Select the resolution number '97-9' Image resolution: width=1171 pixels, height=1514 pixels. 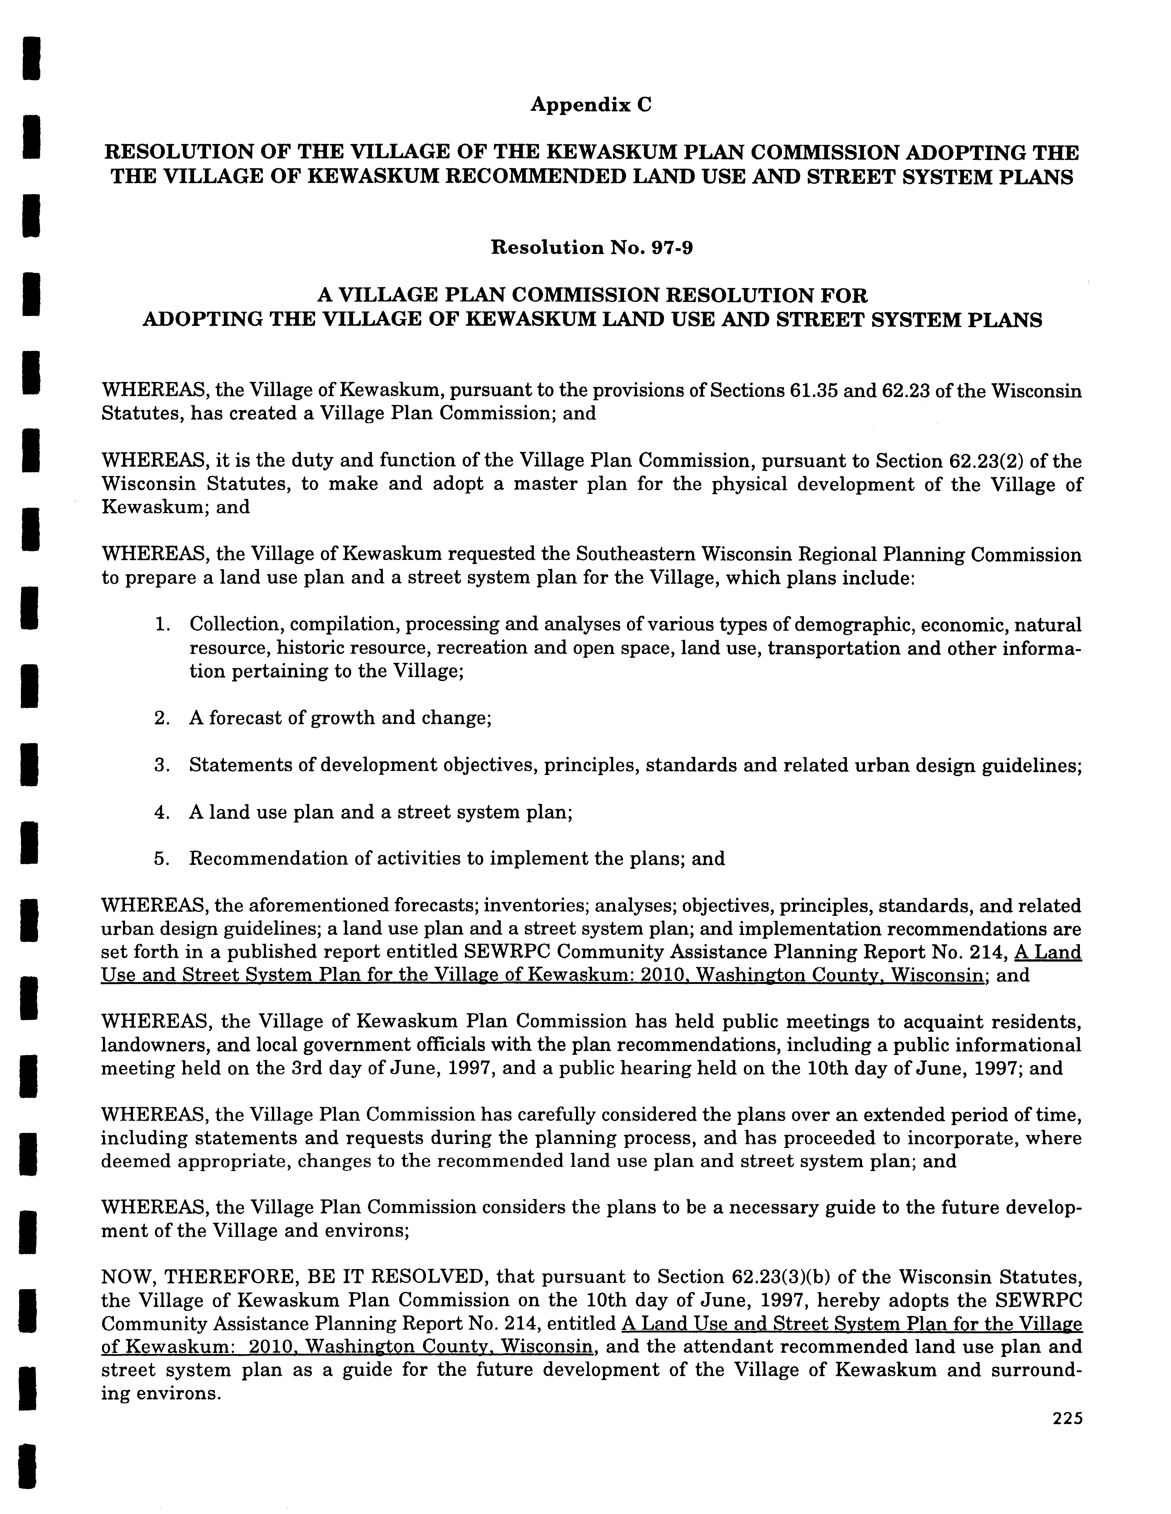[671, 247]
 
